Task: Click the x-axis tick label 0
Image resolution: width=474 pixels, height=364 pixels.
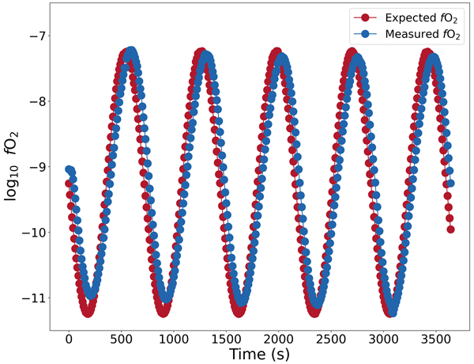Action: coord(69,339)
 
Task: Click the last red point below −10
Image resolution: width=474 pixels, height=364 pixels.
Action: coord(451,229)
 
